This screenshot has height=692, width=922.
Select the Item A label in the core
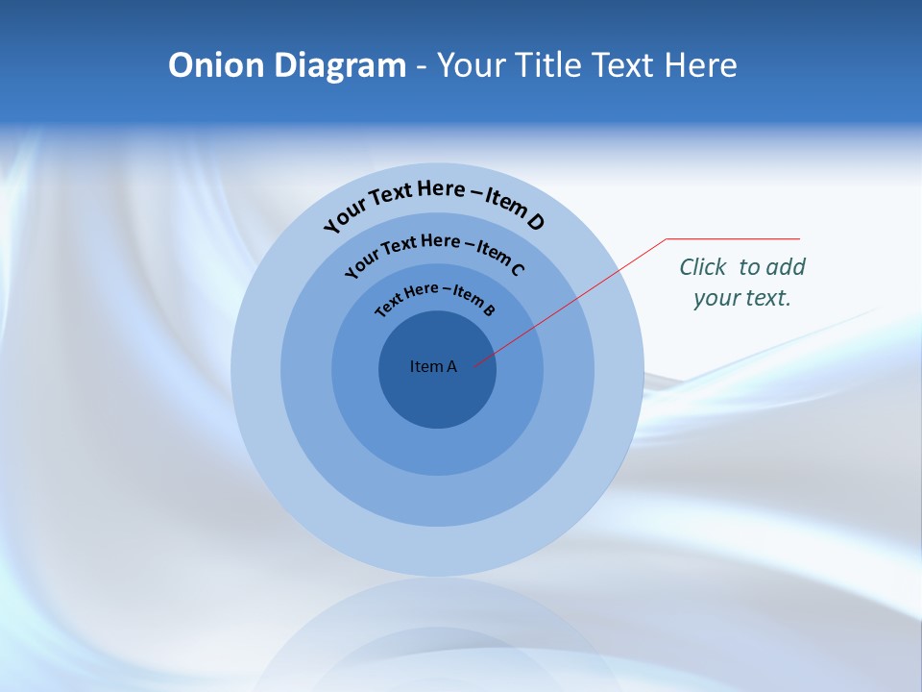point(433,366)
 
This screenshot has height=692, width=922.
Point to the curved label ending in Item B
point(434,297)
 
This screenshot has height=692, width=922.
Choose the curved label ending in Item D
point(434,202)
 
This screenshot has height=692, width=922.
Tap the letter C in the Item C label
point(516,268)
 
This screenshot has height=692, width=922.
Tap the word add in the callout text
point(787,267)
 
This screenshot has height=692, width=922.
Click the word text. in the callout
point(767,298)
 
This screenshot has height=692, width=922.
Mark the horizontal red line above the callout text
point(733,238)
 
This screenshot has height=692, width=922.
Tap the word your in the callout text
point(715,298)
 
